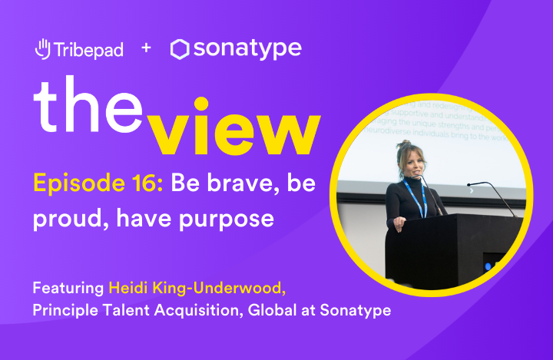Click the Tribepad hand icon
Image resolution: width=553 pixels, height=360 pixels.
pyautogui.click(x=43, y=49)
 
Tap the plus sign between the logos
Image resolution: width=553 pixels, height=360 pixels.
pyautogui.click(x=146, y=48)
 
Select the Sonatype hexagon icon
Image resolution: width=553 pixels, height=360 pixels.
pyautogui.click(x=180, y=50)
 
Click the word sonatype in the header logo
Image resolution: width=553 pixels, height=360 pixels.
pyautogui.click(x=247, y=50)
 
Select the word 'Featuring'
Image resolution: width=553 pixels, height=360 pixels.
pyautogui.click(x=68, y=289)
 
